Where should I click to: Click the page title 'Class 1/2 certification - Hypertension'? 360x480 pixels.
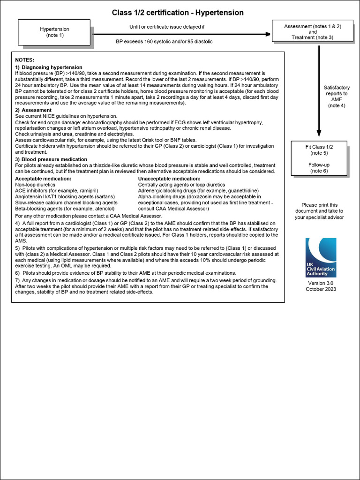pyautogui.click(x=178, y=13)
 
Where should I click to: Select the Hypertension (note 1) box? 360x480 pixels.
pyautogui.click(x=54, y=32)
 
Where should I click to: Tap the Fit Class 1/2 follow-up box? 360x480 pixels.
pyautogui.click(x=319, y=158)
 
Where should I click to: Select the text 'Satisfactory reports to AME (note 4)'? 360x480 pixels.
pyautogui.click(x=337, y=97)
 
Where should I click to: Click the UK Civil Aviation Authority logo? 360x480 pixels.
pyautogui.click(x=321, y=257)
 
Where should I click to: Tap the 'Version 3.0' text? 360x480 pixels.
pyautogui.click(x=321, y=283)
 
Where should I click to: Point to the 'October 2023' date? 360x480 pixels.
pyautogui.click(x=321, y=289)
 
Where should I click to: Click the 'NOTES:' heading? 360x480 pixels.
pyautogui.click(x=24, y=60)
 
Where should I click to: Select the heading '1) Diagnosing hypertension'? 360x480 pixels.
pyautogui.click(x=49, y=67)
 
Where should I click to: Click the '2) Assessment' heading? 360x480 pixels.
pyautogui.click(x=33, y=110)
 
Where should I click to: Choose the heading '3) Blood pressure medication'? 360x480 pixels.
pyautogui.click(x=51, y=159)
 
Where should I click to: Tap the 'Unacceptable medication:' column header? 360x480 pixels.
pyautogui.click(x=169, y=179)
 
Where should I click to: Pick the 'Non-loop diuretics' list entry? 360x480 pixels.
pyautogui.click(x=35, y=185)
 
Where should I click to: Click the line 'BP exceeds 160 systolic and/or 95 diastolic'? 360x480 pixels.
pyautogui.click(x=164, y=42)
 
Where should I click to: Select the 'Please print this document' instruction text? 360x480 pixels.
pyautogui.click(x=319, y=211)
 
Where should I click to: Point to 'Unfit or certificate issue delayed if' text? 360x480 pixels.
pyautogui.click(x=167, y=27)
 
